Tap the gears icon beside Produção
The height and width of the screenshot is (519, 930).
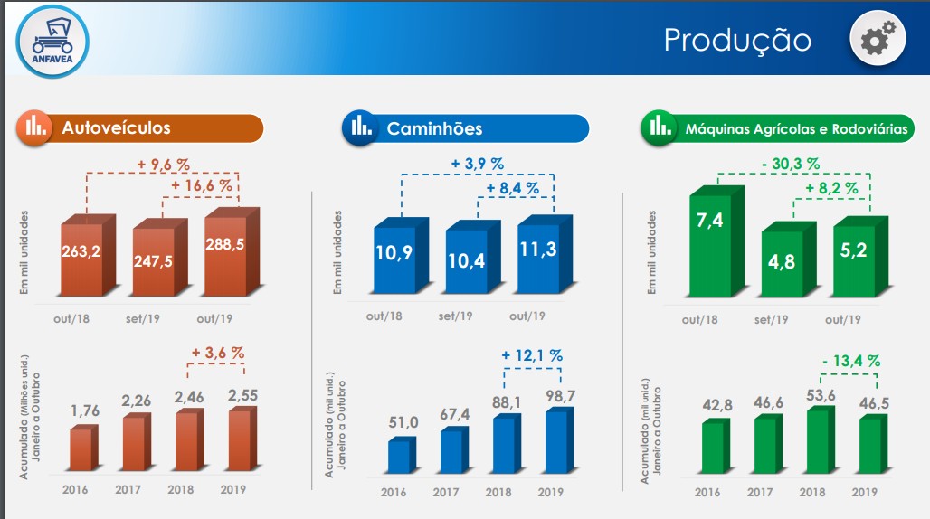(878, 39)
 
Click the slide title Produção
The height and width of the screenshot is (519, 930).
(737, 40)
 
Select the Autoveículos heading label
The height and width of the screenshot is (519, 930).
(116, 128)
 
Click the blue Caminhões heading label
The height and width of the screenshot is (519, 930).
(434, 128)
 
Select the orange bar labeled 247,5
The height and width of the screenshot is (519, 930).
(155, 262)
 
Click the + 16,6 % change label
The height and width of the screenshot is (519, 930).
(201, 185)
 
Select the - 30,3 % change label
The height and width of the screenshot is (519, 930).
(790, 164)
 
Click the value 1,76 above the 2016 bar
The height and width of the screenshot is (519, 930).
(83, 410)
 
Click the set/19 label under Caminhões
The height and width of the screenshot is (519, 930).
(455, 316)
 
